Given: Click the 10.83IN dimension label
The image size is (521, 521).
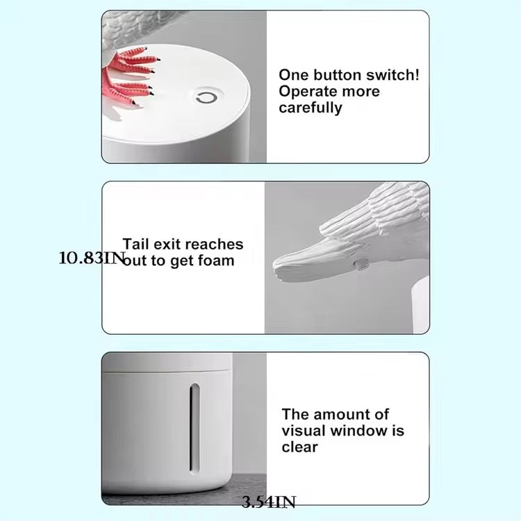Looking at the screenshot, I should pos(92,258).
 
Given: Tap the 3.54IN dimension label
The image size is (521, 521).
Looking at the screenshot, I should pos(269,502).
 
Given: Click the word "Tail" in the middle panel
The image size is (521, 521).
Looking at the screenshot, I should pos(137,244).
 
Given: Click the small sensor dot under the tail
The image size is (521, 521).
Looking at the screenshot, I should pos(361,263).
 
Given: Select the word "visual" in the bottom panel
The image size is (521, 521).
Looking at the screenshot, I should pos(304,431).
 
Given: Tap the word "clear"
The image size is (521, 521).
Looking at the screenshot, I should pos(299,447).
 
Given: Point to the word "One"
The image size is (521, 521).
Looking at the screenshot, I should pos(293,75).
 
